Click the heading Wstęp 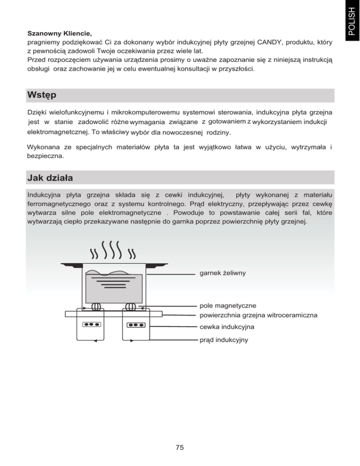[x=42, y=96]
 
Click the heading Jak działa [x=50, y=178]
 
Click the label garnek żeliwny [x=223, y=272]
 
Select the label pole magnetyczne [x=226, y=306]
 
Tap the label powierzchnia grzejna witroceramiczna [x=258, y=315]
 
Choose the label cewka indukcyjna [x=225, y=326]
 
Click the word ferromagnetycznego [x=59, y=204]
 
